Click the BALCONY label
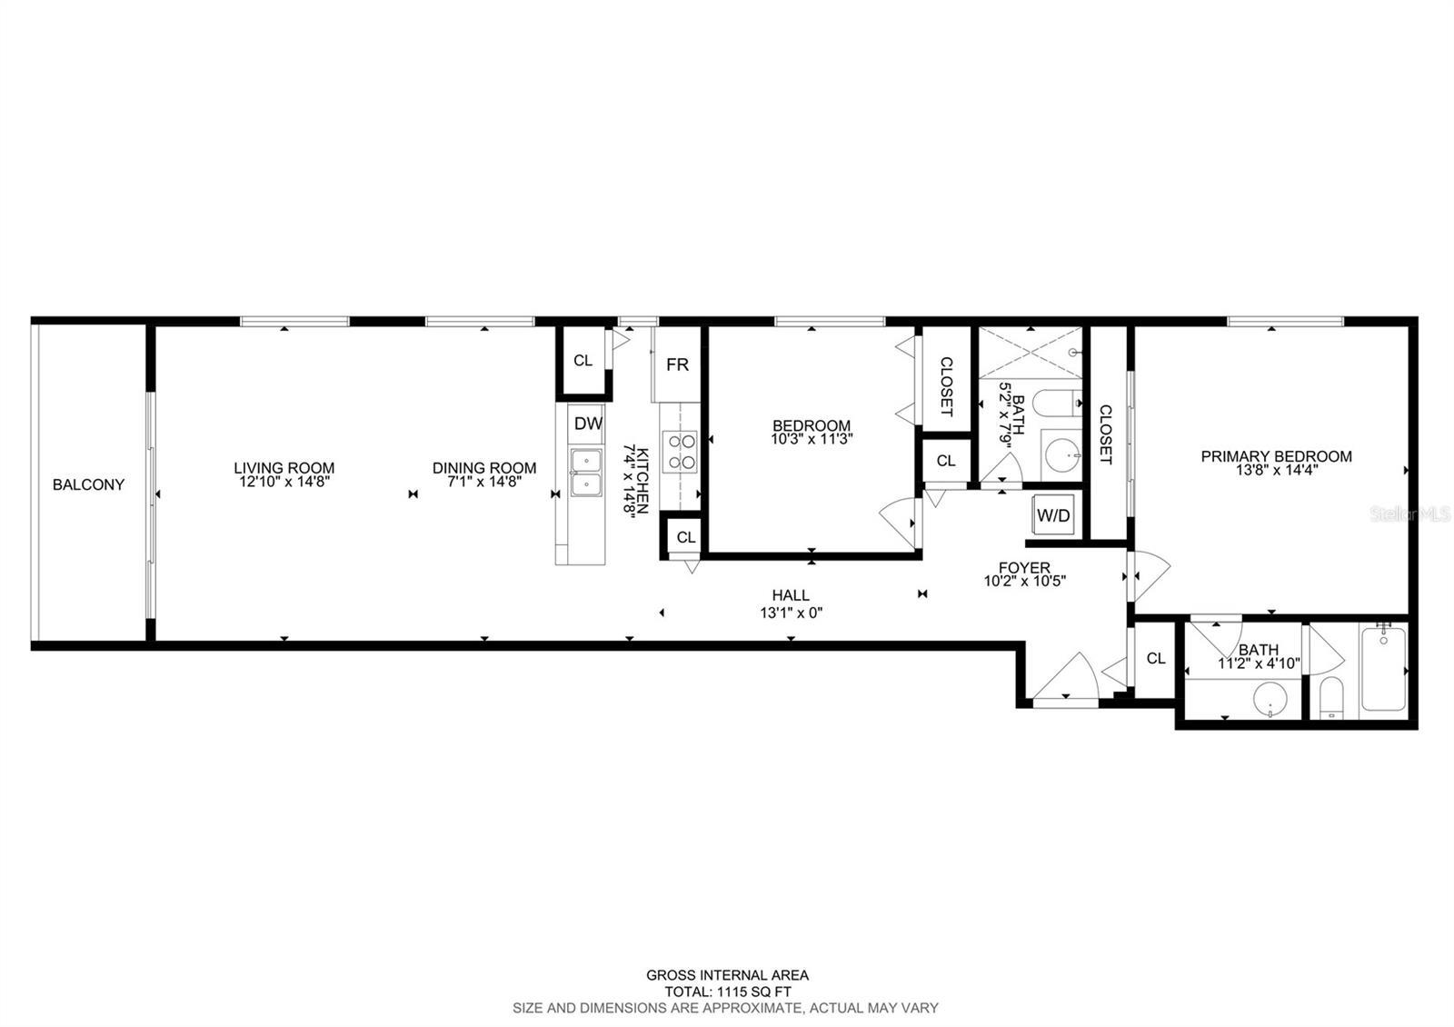pyautogui.click(x=88, y=485)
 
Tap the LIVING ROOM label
pyautogui.click(x=284, y=468)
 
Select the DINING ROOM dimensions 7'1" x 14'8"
pyautogui.click(x=484, y=482)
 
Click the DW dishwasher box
pyautogui.click(x=588, y=424)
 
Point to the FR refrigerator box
pyautogui.click(x=677, y=364)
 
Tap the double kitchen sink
pyautogui.click(x=586, y=473)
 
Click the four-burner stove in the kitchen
pyautogui.click(x=680, y=452)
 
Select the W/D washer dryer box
pyautogui.click(x=1053, y=514)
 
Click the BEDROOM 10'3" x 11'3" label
pyautogui.click(x=812, y=433)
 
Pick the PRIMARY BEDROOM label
pyautogui.click(x=1276, y=456)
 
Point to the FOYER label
pyautogui.click(x=1024, y=567)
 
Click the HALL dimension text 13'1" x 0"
pyautogui.click(x=792, y=613)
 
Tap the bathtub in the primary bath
pyautogui.click(x=1384, y=669)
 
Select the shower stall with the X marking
pyautogui.click(x=1031, y=353)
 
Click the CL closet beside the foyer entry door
pyautogui.click(x=1155, y=658)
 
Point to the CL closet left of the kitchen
pyautogui.click(x=583, y=360)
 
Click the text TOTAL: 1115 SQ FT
pyautogui.click(x=728, y=992)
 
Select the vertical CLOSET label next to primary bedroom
pyautogui.click(x=1105, y=434)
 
